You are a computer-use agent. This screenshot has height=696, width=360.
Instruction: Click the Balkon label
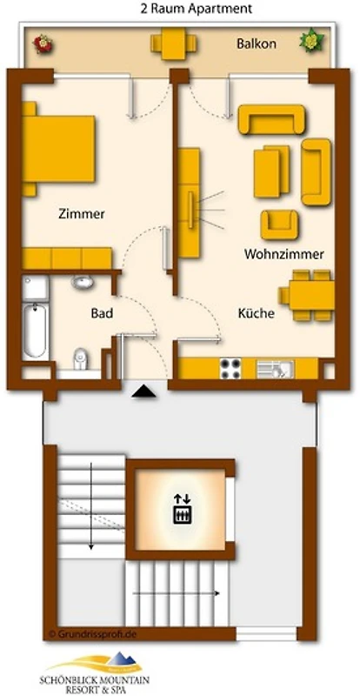pos(257,44)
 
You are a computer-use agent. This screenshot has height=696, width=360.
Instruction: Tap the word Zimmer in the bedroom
pos(82,214)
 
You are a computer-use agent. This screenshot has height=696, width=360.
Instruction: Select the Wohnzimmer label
pos(283,254)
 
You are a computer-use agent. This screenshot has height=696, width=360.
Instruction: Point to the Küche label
pos(257,313)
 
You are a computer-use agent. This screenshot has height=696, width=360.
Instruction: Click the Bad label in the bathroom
pos(102,313)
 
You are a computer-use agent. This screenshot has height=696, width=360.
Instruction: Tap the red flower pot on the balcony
pos(43,44)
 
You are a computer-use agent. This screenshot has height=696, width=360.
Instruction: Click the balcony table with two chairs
pos(174,43)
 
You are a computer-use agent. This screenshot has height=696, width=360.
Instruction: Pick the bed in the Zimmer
pos(58,149)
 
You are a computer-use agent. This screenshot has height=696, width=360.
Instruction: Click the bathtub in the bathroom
pos(35,331)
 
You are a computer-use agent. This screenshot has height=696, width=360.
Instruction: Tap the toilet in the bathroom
pos(80,359)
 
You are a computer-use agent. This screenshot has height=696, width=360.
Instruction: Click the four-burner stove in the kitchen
pos(230,368)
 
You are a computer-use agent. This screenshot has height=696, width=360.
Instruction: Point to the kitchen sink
pos(275,369)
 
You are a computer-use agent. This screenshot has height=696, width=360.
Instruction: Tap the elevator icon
pos(183,509)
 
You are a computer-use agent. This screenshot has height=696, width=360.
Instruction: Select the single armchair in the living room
pos(279,224)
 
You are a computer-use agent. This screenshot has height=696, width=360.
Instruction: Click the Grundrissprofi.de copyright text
pos(92,634)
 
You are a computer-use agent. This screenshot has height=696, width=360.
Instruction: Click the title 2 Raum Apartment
pos(197,9)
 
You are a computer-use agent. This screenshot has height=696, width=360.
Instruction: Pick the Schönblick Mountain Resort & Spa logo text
pos(95,684)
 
